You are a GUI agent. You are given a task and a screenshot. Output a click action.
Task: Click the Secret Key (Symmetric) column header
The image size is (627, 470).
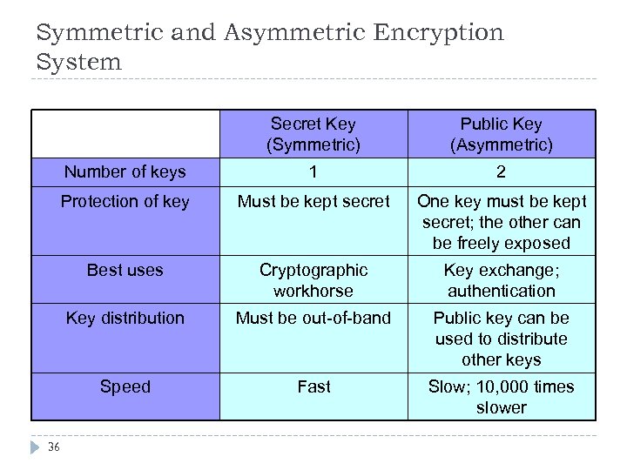click(313, 135)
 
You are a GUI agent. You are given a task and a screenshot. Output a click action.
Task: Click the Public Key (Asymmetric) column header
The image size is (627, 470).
click(502, 135)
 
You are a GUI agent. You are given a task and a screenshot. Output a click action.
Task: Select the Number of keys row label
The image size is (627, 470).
click(125, 171)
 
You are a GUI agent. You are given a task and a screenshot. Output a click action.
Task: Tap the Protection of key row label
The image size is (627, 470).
click(125, 202)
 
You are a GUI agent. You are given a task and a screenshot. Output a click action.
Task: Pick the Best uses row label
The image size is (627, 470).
click(125, 270)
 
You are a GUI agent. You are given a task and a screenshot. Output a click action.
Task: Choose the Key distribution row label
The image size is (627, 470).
click(125, 318)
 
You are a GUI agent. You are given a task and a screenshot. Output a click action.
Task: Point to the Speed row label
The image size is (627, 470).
click(125, 386)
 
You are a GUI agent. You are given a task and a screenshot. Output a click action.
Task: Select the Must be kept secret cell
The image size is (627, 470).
click(313, 202)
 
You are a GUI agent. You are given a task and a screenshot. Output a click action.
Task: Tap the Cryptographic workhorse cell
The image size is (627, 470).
click(313, 280)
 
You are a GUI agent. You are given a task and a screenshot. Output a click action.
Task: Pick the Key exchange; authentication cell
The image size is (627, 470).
click(502, 280)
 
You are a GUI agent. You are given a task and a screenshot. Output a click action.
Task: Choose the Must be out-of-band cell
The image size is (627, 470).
click(313, 318)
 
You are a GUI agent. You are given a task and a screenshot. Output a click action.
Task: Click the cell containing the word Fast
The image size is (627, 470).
click(313, 386)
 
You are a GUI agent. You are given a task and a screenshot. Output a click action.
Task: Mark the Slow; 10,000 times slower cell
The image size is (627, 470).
click(502, 397)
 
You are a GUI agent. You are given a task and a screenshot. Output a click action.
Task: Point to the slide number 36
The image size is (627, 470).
click(55, 448)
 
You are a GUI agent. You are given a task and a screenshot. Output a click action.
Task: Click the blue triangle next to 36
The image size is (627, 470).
click(36, 447)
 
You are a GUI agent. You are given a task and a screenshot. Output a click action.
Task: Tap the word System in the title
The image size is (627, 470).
click(79, 63)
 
